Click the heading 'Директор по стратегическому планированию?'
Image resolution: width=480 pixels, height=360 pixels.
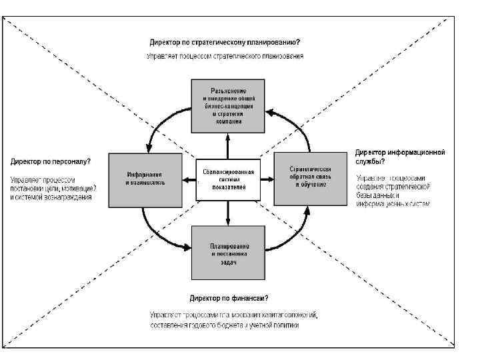click(x=225, y=42)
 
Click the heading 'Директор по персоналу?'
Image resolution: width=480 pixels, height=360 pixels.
click(x=51, y=161)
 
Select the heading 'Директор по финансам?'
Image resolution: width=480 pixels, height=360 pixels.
click(x=229, y=297)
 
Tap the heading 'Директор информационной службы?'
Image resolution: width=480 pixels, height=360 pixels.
click(x=399, y=156)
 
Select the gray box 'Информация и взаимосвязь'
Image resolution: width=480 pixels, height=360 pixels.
click(x=146, y=178)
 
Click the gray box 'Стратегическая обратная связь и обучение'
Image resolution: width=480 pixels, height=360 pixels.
click(x=311, y=178)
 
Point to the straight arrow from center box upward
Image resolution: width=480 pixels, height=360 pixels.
click(x=228, y=146)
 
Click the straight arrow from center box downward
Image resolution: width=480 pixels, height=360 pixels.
click(x=228, y=213)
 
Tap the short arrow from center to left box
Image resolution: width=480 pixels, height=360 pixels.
click(x=189, y=179)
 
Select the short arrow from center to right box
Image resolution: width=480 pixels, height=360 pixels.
click(x=267, y=179)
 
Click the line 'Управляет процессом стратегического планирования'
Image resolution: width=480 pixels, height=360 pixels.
click(x=225, y=56)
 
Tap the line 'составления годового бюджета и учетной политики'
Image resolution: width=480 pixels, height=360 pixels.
click(x=224, y=325)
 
